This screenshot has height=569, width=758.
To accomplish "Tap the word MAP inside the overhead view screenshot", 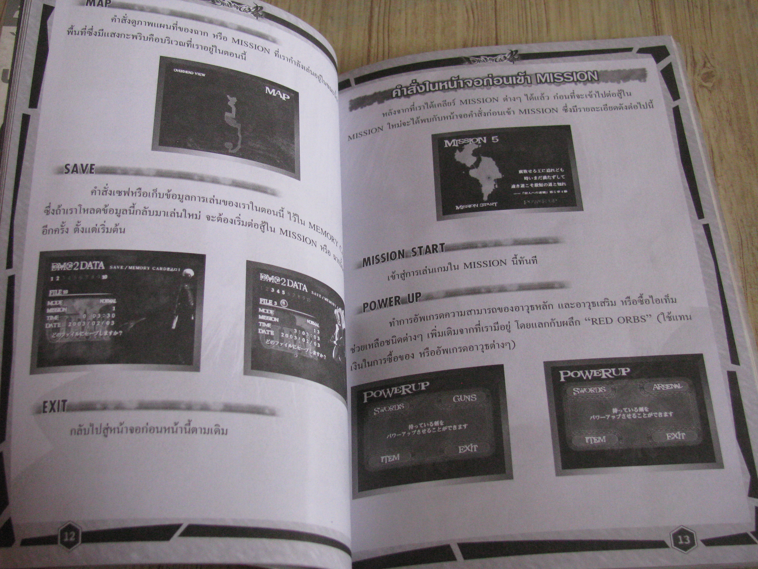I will click(x=277, y=94).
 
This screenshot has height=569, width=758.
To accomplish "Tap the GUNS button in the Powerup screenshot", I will click(x=464, y=398).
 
